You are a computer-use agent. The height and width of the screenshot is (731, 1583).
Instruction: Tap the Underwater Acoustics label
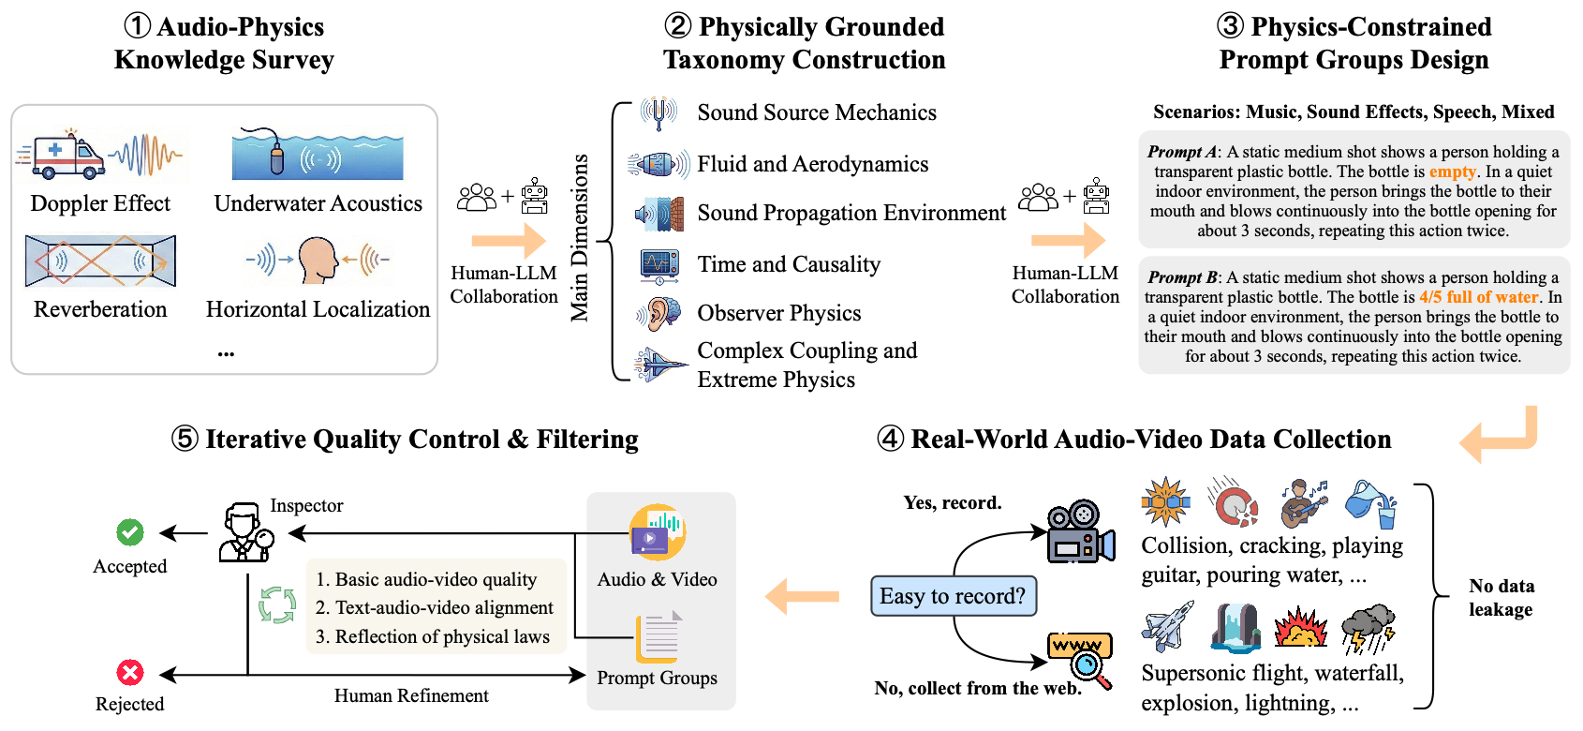[x=318, y=203]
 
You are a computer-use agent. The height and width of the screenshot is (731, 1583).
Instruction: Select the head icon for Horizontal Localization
[x=318, y=259]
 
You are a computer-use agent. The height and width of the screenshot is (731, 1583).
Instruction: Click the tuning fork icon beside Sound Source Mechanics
[x=658, y=112]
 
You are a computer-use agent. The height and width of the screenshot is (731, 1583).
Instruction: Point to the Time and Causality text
[x=789, y=264]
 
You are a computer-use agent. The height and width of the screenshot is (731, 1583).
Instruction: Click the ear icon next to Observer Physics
[x=661, y=313]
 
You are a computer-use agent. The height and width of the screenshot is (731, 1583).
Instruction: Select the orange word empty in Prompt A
[x=1452, y=172]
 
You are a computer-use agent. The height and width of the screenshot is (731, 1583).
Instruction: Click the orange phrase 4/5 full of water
[x=1478, y=297]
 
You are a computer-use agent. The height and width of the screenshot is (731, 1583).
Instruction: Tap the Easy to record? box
[x=953, y=596]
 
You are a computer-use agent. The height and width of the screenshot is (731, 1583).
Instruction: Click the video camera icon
[x=1080, y=531]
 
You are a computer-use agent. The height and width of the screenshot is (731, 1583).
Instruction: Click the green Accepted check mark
[x=130, y=532]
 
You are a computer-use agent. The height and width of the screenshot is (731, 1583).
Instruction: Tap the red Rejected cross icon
[x=130, y=672]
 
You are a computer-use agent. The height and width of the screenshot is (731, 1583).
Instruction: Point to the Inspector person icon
[x=245, y=531]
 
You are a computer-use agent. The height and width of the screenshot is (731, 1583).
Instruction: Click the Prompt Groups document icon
[x=659, y=637]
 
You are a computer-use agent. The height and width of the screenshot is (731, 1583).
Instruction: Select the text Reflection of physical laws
[x=442, y=636]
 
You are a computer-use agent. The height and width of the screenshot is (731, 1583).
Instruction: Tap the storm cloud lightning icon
[x=1368, y=627]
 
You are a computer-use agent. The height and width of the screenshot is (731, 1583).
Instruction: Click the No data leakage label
[x=1501, y=597]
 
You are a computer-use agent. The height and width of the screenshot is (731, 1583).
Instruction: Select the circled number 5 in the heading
[x=185, y=439]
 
